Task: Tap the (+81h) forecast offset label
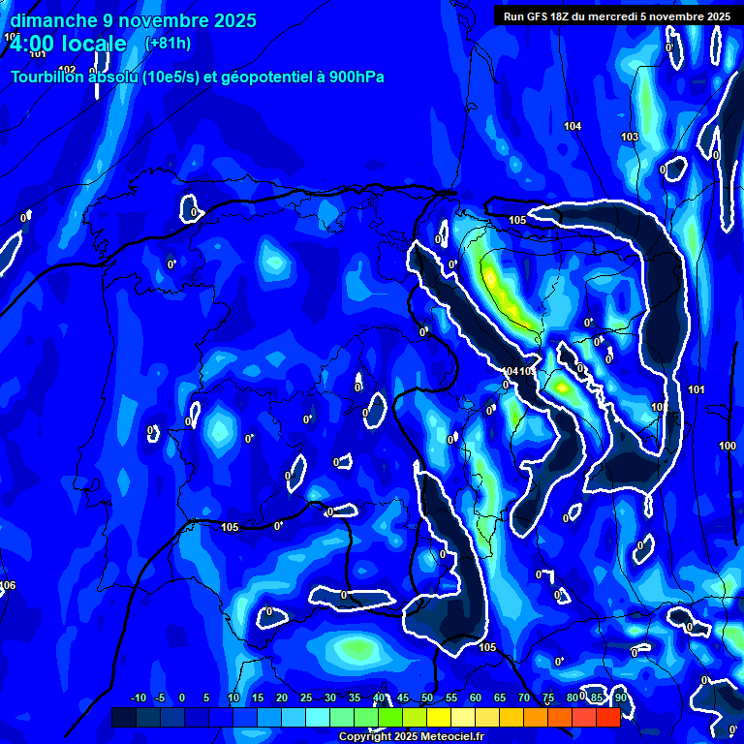click(x=167, y=44)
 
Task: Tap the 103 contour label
click(x=630, y=137)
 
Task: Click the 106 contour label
click(x=8, y=585)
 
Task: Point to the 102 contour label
click(x=67, y=69)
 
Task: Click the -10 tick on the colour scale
click(x=138, y=697)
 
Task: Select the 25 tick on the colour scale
click(x=306, y=697)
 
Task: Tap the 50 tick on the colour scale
click(x=427, y=697)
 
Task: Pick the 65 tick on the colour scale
click(x=500, y=697)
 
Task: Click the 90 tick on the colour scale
click(x=620, y=697)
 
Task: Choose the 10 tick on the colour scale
click(x=233, y=697)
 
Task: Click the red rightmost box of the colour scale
click(x=608, y=717)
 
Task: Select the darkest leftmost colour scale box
click(x=124, y=717)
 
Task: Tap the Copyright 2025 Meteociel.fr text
click(x=411, y=736)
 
